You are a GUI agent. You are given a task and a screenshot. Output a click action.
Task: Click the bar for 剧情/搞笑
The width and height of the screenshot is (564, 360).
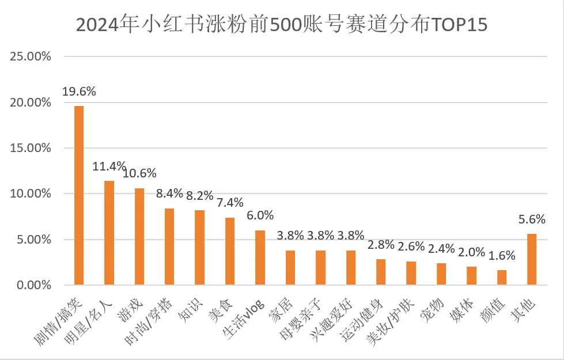tap(79, 196)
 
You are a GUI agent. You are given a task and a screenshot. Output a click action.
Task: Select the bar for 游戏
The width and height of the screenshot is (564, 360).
tap(139, 237)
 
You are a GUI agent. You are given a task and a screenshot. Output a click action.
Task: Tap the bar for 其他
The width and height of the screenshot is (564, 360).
tap(532, 259)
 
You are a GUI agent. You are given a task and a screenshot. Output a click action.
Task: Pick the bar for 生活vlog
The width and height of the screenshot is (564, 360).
tap(260, 257)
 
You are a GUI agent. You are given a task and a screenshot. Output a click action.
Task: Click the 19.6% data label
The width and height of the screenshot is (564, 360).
tap(80, 91)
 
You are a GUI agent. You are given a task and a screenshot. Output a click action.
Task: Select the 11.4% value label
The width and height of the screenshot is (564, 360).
tap(109, 166)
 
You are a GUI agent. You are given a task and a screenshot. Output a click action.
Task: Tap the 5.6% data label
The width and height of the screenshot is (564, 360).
tap(532, 219)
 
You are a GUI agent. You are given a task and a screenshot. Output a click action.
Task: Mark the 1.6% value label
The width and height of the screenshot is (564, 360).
tap(502, 256)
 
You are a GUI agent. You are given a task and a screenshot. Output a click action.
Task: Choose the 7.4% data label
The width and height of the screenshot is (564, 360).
tap(230, 203)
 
